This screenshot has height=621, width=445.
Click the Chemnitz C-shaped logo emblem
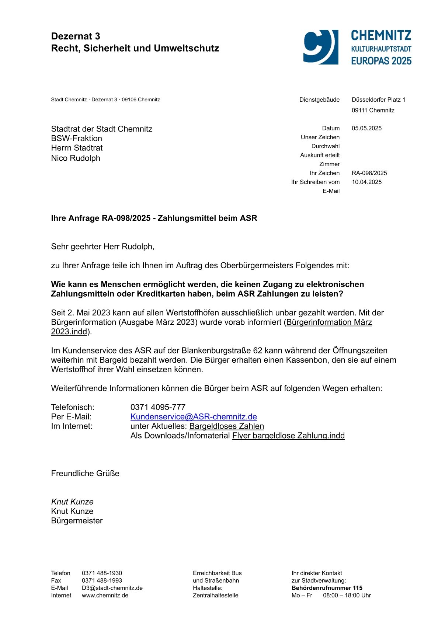pyautogui.click(x=320, y=47)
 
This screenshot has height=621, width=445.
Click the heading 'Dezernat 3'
pyautogui.click(x=76, y=36)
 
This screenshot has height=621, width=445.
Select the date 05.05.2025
pyautogui.click(x=366, y=128)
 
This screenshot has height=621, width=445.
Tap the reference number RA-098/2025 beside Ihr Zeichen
pyautogui.click(x=369, y=173)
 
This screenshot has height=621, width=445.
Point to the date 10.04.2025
pyautogui.click(x=366, y=182)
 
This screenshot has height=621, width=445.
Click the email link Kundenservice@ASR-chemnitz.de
pyautogui.click(x=194, y=416)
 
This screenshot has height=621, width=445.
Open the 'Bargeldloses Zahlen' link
pyautogui.click(x=226, y=426)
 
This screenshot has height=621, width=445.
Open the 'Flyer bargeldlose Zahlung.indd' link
pyautogui.click(x=288, y=436)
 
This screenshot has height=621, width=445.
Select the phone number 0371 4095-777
pyautogui.click(x=158, y=407)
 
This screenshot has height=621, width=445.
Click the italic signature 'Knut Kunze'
pyautogui.click(x=72, y=502)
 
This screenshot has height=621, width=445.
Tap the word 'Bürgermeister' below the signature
pyautogui.click(x=77, y=521)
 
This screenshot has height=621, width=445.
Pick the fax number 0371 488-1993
pyautogui.click(x=102, y=580)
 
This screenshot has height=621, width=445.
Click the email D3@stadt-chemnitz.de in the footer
pyautogui.click(x=112, y=588)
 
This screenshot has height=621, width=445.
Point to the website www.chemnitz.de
pyautogui.click(x=105, y=595)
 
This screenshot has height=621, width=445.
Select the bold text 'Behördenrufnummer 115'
pyautogui.click(x=327, y=588)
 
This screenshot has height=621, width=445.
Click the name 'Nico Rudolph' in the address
pyautogui.click(x=76, y=158)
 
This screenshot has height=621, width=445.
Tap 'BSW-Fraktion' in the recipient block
pyautogui.click(x=77, y=139)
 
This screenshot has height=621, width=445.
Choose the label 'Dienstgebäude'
pyautogui.click(x=319, y=100)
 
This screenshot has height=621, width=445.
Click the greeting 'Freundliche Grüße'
pyautogui.click(x=85, y=473)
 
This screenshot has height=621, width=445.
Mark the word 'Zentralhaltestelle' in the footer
pyautogui.click(x=215, y=595)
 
